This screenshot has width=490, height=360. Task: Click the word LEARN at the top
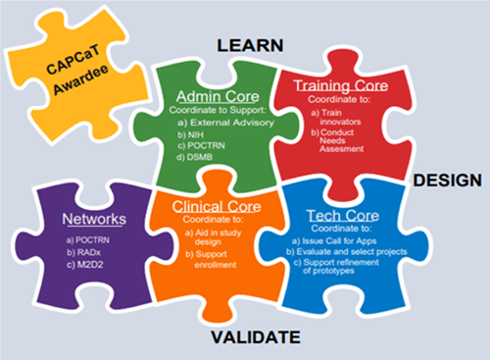[249, 45]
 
